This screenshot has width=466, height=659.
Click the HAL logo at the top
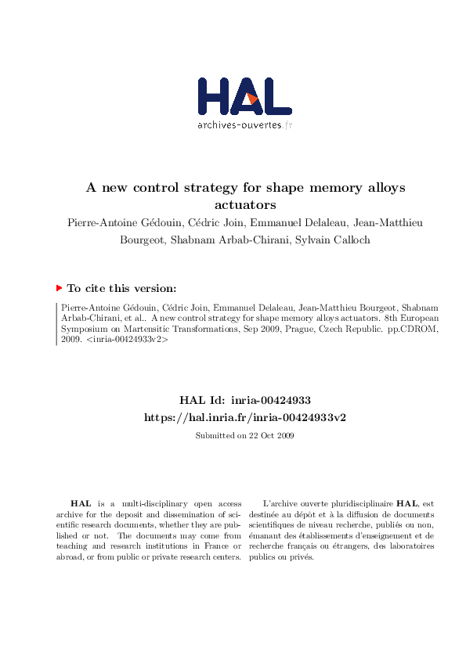coord(244,97)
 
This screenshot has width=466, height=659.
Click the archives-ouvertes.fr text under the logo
coord(244,125)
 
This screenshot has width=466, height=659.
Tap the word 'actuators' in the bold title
coord(247,205)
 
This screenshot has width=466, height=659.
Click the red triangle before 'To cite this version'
coord(60,288)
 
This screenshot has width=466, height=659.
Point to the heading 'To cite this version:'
coord(121,288)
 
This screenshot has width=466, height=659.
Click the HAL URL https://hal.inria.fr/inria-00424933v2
coord(245,417)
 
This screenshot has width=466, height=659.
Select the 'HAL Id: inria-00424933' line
coord(245,400)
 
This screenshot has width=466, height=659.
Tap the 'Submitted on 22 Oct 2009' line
coord(244,435)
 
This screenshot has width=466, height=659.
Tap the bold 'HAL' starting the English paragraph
coord(80,503)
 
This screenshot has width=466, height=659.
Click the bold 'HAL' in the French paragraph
coord(406,503)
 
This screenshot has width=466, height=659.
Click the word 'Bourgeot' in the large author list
coord(145,239)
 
